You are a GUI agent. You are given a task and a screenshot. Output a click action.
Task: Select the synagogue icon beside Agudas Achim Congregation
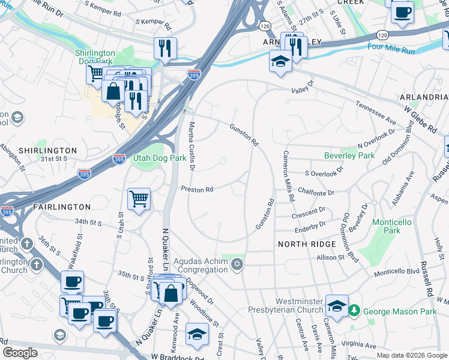point(238,265)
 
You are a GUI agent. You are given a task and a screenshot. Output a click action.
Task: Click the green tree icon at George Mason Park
point(355,310)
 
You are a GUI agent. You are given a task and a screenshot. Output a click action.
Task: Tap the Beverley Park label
point(349,155)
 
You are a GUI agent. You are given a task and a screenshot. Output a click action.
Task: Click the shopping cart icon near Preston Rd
point(139,199)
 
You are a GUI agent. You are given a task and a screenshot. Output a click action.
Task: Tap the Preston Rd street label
point(197,190)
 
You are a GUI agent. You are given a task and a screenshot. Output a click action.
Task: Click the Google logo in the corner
point(20,353)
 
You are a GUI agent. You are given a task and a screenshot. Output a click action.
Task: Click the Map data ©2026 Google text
point(411,355)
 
